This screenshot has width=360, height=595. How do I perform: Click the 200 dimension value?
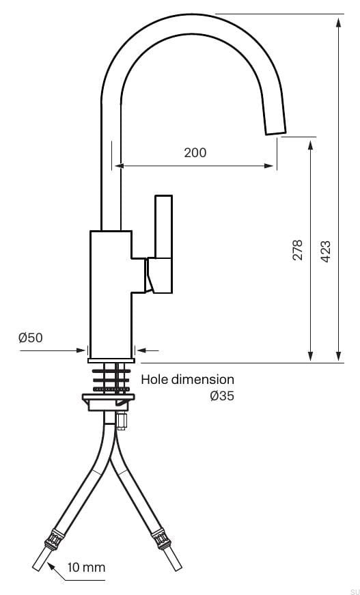195,152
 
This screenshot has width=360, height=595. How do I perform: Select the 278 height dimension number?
297,250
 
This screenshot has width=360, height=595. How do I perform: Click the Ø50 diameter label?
31,337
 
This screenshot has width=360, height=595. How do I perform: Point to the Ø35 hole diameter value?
222,396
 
